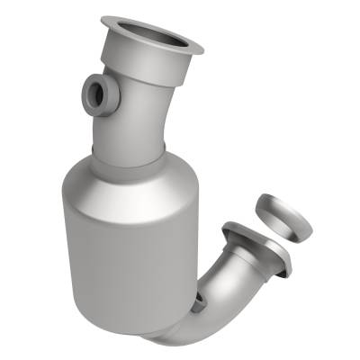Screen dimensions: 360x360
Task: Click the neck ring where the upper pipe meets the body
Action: tap(131, 155)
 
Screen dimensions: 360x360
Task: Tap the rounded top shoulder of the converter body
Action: tap(126, 175)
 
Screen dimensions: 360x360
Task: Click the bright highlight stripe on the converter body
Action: tap(90, 243)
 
